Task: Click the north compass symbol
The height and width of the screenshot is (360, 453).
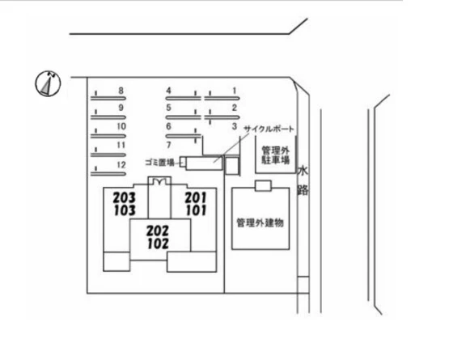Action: click(48, 83)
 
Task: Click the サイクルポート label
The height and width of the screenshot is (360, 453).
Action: click(269, 129)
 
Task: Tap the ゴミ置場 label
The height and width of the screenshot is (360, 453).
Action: click(160, 163)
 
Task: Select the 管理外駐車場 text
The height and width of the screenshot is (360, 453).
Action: click(276, 155)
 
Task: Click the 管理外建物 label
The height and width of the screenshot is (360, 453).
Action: click(260, 222)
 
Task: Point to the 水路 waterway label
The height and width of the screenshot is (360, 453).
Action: click(303, 180)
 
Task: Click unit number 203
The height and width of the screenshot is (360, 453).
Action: click(125, 198)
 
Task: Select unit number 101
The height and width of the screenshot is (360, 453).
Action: click(196, 210)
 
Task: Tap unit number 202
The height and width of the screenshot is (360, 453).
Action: click(158, 231)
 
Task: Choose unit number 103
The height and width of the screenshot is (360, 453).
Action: click(125, 210)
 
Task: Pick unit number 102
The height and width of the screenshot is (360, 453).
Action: click(158, 244)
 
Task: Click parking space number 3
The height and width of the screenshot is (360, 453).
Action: click(235, 126)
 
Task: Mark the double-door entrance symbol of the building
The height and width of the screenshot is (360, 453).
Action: click(159, 181)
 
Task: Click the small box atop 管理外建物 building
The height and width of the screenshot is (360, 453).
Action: click(263, 186)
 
